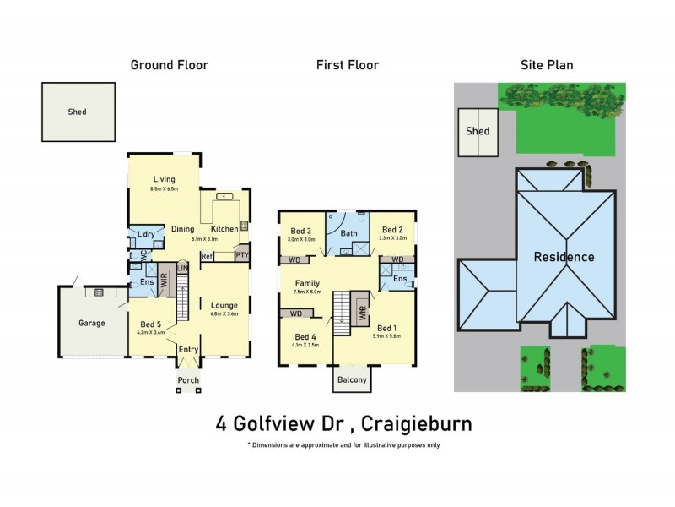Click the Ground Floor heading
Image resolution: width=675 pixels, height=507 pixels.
[x=169, y=65]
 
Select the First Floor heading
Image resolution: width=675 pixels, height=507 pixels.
[x=347, y=65]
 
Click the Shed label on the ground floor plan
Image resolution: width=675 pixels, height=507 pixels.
[x=77, y=112]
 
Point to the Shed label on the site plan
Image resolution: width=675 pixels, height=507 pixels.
[x=478, y=131]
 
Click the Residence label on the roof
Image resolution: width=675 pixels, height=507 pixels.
[x=563, y=257]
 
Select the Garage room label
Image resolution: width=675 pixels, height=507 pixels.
[x=92, y=323]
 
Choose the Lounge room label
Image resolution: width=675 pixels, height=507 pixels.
[x=224, y=305]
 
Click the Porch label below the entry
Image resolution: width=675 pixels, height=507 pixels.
[x=188, y=380]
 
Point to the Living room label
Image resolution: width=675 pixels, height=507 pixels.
[x=164, y=179]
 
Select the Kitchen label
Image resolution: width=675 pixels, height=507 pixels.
[x=224, y=229]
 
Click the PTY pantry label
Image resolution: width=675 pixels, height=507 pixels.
[x=241, y=254]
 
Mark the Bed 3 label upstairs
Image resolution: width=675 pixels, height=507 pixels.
[x=301, y=232]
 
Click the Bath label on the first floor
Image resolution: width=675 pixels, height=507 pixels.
[x=348, y=233]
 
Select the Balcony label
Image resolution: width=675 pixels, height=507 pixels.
[x=353, y=380]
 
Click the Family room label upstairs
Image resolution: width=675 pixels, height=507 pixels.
[x=306, y=284]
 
